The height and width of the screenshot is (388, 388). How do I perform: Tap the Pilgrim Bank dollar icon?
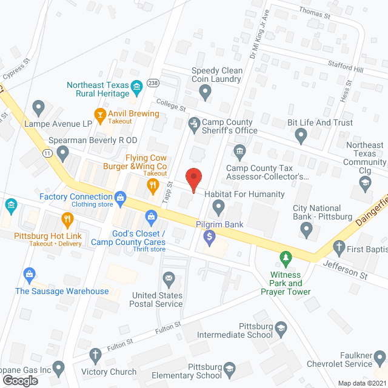point(210,237)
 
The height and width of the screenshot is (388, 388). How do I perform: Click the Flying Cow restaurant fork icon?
point(154,184)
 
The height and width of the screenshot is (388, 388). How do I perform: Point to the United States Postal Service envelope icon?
point(169,278)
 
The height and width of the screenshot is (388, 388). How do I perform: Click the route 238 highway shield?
point(153,83)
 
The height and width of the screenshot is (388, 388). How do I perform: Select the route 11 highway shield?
point(47,155)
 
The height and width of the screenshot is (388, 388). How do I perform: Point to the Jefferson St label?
point(345,269)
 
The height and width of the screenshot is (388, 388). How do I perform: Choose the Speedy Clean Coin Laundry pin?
point(206,92)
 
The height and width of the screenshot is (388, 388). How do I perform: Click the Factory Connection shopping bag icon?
point(121,197)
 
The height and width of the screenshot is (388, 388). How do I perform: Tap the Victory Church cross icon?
point(95,355)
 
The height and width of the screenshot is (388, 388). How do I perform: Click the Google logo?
point(20,380)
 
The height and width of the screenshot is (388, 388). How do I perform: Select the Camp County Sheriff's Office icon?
point(194,123)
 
